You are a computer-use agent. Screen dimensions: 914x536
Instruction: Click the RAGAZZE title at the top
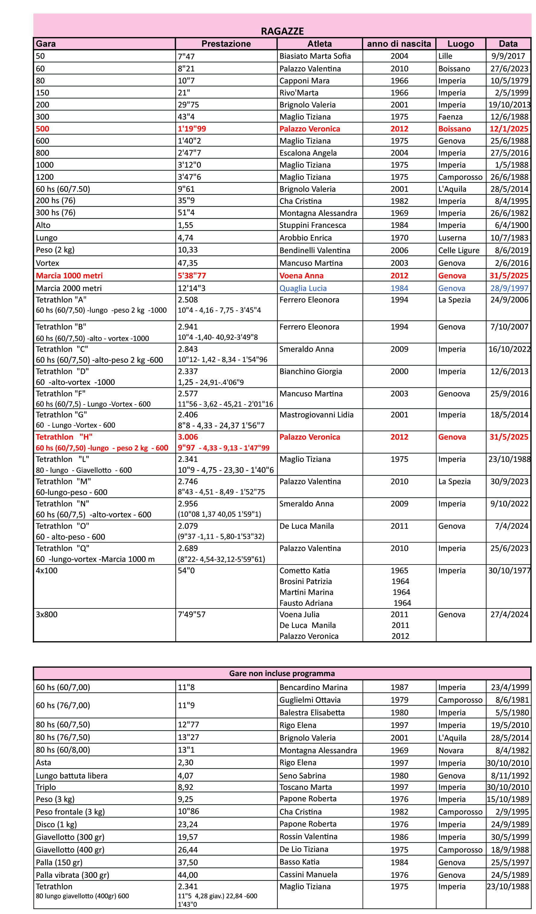(282, 31)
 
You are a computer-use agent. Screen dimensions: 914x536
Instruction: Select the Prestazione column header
(226, 44)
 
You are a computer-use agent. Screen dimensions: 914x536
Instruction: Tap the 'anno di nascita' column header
(399, 44)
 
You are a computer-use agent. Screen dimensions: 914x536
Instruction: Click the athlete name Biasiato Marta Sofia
(315, 56)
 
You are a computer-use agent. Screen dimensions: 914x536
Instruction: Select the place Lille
(445, 56)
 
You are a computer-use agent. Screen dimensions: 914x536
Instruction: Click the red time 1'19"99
(191, 129)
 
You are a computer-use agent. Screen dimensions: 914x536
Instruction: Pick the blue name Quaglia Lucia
(303, 288)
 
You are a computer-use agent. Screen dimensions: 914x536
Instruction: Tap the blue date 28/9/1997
(509, 288)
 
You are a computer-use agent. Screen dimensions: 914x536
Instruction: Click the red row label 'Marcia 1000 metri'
(69, 276)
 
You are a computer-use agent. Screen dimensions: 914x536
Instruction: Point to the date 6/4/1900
(511, 225)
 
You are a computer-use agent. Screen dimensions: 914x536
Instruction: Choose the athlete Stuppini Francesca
(312, 225)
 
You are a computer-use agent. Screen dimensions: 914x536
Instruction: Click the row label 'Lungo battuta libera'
(72, 776)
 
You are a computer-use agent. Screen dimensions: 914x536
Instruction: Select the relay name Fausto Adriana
(306, 603)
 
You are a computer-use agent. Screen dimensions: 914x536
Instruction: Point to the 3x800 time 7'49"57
(191, 614)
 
